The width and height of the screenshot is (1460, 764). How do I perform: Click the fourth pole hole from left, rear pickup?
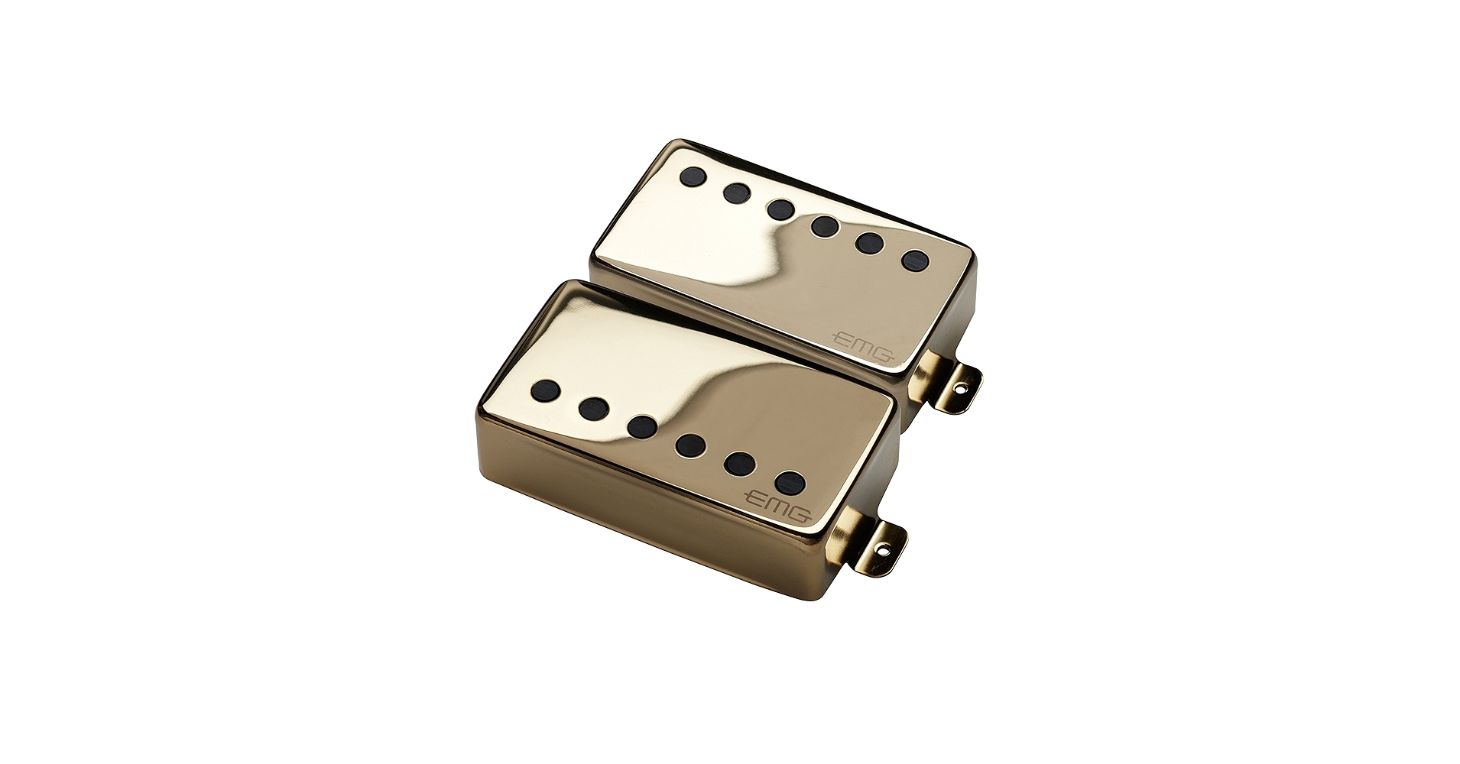pos(824,225)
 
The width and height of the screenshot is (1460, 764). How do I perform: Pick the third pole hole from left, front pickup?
pos(641,425)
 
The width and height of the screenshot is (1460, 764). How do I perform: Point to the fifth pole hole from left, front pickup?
pos(740,462)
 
